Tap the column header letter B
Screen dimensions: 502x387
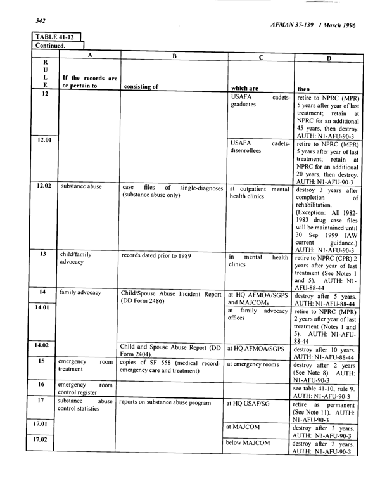coord(174,56)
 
